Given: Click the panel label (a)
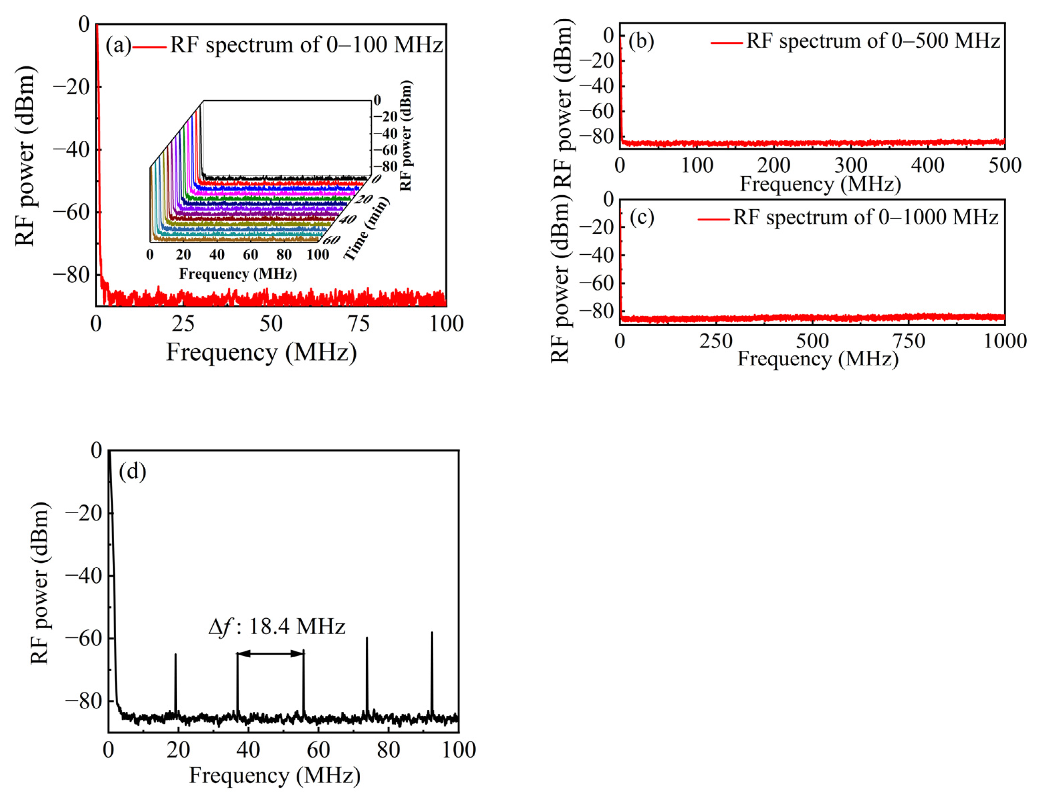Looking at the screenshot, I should (118, 45).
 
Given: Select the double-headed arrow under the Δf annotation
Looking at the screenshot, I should (270, 654).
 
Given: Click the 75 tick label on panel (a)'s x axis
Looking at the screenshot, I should (359, 324).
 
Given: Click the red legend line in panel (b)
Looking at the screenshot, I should (727, 42).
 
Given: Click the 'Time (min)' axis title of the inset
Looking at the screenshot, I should (367, 229).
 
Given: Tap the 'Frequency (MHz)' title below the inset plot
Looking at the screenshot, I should (238, 274).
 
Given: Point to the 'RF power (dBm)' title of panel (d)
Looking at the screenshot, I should (40, 583).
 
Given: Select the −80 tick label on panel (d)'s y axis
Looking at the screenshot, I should (83, 701).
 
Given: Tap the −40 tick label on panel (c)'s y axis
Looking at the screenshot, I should (596, 255).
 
